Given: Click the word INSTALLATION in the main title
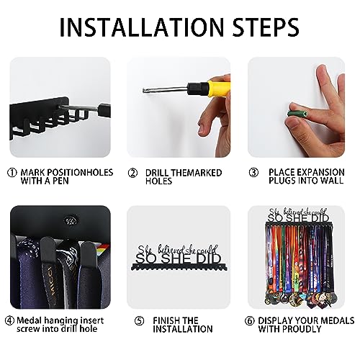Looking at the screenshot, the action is point(142,27).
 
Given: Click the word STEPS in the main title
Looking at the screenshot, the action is point(266,27).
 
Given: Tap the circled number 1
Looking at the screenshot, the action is point(12,173).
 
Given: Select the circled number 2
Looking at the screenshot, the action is point(132,173).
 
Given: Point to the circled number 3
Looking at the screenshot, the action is point(253,173).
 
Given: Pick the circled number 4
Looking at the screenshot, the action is point(9,320).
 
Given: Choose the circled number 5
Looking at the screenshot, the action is point(139,321).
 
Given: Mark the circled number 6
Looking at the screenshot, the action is point(250,321).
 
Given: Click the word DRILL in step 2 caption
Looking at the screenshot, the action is point(158,173).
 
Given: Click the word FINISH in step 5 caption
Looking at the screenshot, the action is point(166,321).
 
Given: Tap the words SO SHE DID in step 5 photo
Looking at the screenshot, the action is point(178,258).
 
